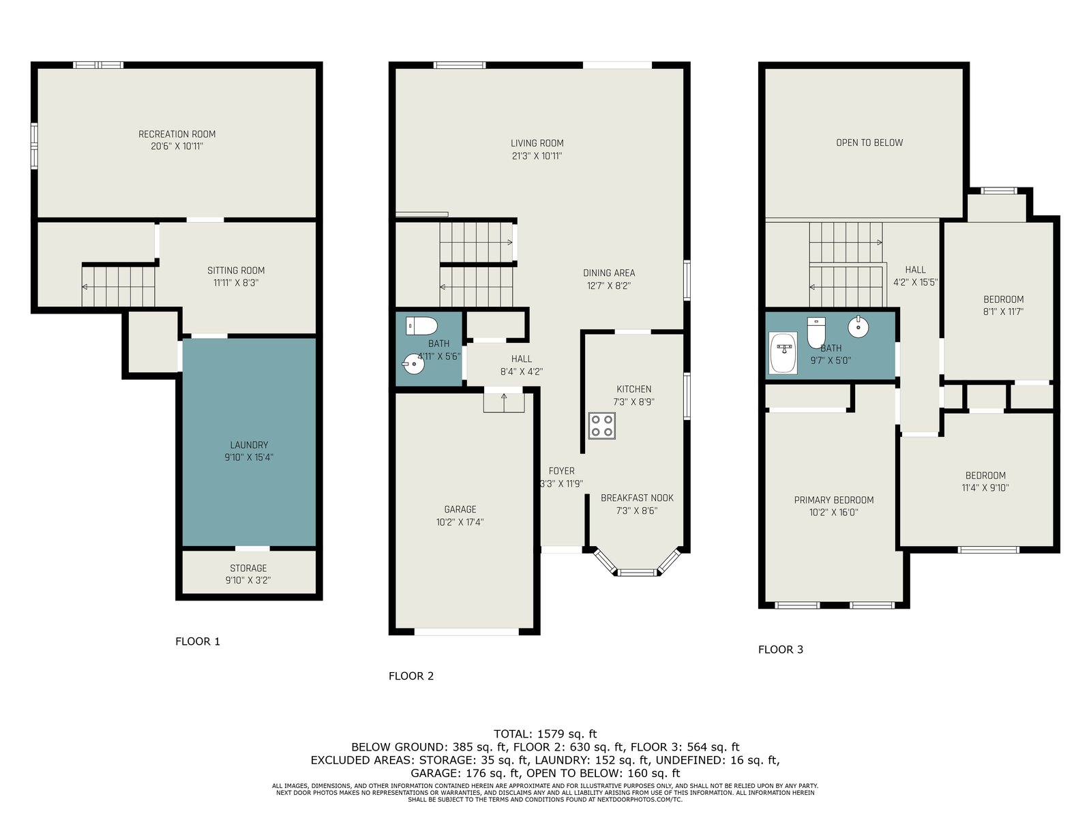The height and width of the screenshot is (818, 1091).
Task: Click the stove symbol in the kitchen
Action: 601,425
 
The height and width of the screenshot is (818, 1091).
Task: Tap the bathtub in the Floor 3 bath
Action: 783,352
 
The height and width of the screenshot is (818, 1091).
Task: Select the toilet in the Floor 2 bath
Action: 421,326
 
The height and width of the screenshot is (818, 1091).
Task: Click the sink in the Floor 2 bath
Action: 413,364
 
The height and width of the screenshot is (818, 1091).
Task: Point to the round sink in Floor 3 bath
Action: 858,327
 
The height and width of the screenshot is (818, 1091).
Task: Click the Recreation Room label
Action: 177,134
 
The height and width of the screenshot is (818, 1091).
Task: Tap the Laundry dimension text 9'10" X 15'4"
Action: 249,457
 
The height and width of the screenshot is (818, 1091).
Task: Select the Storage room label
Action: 248,568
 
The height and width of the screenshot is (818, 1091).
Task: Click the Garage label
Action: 460,509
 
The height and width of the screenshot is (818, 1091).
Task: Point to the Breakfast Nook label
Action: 637,498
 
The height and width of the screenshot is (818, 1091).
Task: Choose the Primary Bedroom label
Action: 834,500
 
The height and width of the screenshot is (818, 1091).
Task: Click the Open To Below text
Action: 869,142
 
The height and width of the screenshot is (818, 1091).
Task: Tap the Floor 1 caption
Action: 197,641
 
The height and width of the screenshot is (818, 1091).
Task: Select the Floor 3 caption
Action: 780,649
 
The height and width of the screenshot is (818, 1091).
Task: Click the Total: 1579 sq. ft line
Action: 545,733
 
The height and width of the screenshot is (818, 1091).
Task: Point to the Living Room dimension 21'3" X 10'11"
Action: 537,156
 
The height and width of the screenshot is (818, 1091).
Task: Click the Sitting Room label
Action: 236,270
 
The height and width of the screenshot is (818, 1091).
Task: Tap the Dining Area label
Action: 609,273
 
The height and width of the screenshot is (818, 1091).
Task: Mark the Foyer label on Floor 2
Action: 562,471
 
